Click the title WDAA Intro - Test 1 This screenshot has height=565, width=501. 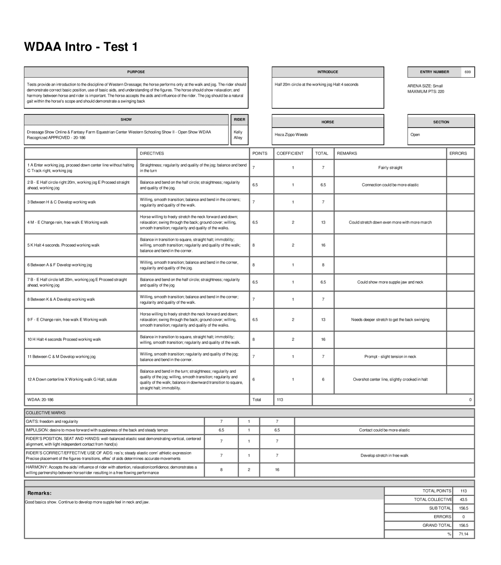click(81, 47)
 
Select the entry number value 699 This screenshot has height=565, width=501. click(468, 72)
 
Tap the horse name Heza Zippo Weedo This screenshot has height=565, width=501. click(291, 135)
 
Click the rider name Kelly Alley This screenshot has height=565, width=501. click(238, 135)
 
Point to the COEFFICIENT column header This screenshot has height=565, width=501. click(290, 153)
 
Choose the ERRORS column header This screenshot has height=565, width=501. click(458, 153)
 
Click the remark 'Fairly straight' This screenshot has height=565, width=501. click(390, 168)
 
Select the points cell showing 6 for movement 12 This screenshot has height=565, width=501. click(254, 379)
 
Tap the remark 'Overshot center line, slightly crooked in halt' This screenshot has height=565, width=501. click(390, 379)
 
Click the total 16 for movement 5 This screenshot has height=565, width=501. click(323, 245)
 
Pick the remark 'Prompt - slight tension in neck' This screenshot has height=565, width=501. click(390, 357)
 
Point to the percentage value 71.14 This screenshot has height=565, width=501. click(464, 534)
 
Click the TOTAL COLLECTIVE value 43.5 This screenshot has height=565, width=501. click(464, 499)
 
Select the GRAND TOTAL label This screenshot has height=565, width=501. click(436, 525)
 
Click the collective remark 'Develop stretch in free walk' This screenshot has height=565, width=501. click(384, 456)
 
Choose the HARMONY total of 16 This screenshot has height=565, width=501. click(277, 470)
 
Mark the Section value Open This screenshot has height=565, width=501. click(415, 135)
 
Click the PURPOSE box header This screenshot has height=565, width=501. click(136, 72)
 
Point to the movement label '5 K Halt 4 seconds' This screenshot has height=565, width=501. click(64, 245)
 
